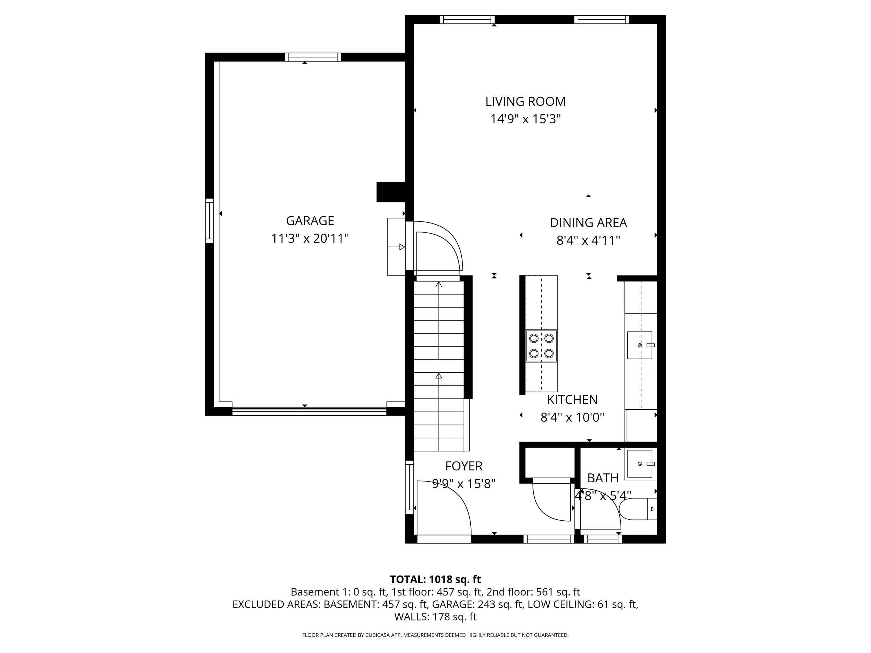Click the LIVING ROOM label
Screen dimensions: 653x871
click(525, 102)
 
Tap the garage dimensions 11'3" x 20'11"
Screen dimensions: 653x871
click(310, 239)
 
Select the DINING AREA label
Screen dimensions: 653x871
click(588, 223)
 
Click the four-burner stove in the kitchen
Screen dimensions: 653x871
click(541, 346)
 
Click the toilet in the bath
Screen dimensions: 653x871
click(638, 509)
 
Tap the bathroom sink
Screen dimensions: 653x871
click(640, 464)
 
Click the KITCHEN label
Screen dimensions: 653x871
click(572, 400)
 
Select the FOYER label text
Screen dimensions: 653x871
click(463, 466)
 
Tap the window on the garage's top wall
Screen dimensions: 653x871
click(313, 57)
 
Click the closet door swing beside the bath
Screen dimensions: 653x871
click(551, 500)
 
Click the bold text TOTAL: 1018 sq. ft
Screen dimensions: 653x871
click(435, 579)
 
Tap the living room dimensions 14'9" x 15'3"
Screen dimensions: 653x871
click(525, 119)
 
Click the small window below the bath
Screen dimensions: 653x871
click(602, 539)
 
